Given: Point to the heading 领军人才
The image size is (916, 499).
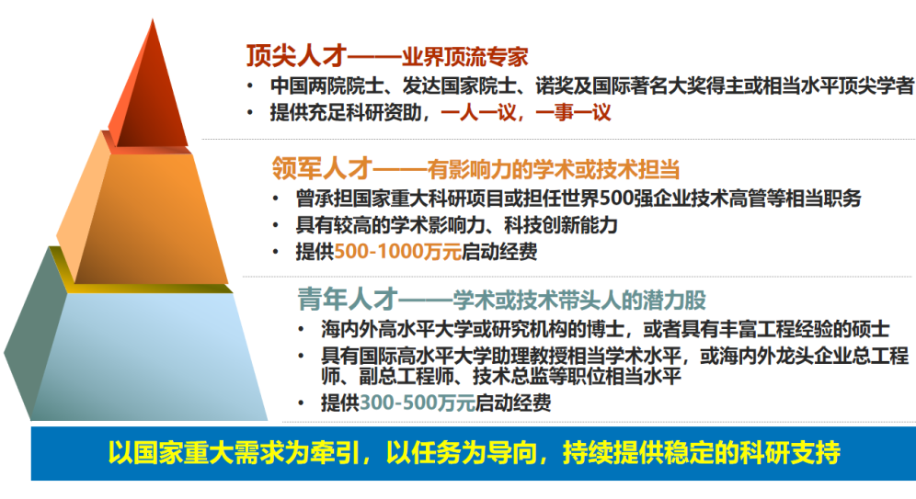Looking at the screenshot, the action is coord(322,169).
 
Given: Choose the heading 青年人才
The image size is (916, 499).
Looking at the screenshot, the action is coord(348,300).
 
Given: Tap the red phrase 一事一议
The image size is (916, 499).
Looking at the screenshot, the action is coord(574,112).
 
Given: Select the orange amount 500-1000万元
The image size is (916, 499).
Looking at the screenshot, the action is coord(398,252).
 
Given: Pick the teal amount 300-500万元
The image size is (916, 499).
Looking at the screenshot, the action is coord(418,403).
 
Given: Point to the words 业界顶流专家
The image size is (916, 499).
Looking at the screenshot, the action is coord(465,56).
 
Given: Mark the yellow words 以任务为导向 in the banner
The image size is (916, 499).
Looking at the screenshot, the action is coord(462,452).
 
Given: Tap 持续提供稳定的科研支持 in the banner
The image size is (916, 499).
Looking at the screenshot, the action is coord(702,452).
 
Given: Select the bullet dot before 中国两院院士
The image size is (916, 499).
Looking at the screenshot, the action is coord(250,86).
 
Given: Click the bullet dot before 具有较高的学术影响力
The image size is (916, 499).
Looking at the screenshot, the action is coord(276,225).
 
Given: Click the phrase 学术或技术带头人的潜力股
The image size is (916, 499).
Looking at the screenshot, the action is coord(578,300).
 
